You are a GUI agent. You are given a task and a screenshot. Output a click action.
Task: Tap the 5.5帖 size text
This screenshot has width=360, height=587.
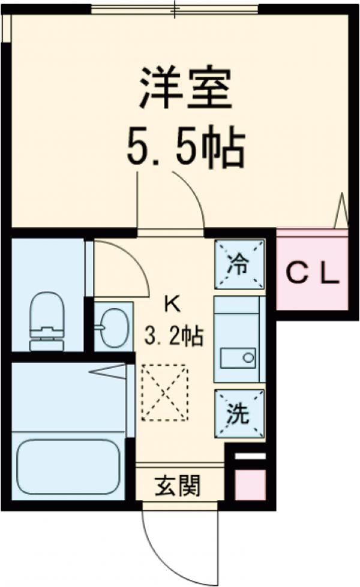[x=185, y=147]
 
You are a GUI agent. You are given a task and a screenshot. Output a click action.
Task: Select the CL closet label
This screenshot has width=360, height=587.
[x=312, y=274]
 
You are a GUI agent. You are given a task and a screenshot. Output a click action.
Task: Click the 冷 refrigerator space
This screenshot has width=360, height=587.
[x=239, y=264]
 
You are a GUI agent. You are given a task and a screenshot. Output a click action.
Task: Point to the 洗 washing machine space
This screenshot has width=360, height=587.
[x=239, y=414]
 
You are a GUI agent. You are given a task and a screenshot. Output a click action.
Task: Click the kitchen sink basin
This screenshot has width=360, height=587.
[x=239, y=359]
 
